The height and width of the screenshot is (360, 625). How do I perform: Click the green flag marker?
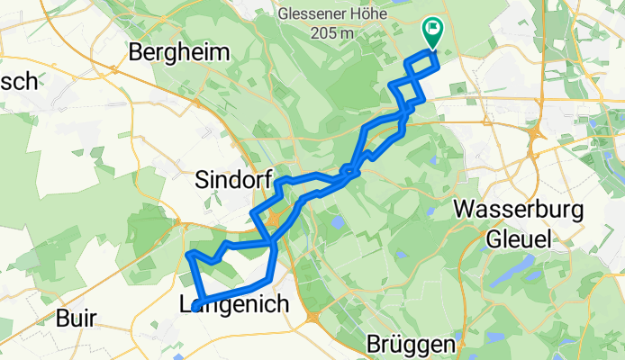point(432,32)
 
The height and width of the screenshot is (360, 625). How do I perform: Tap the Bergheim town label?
point(180,53)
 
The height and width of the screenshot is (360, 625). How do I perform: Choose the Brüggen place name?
point(411,345)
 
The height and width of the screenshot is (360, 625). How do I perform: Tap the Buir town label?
point(75,319)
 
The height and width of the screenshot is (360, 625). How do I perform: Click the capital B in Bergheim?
point(138,53)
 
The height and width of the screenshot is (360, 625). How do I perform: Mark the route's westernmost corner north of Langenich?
point(187,256)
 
